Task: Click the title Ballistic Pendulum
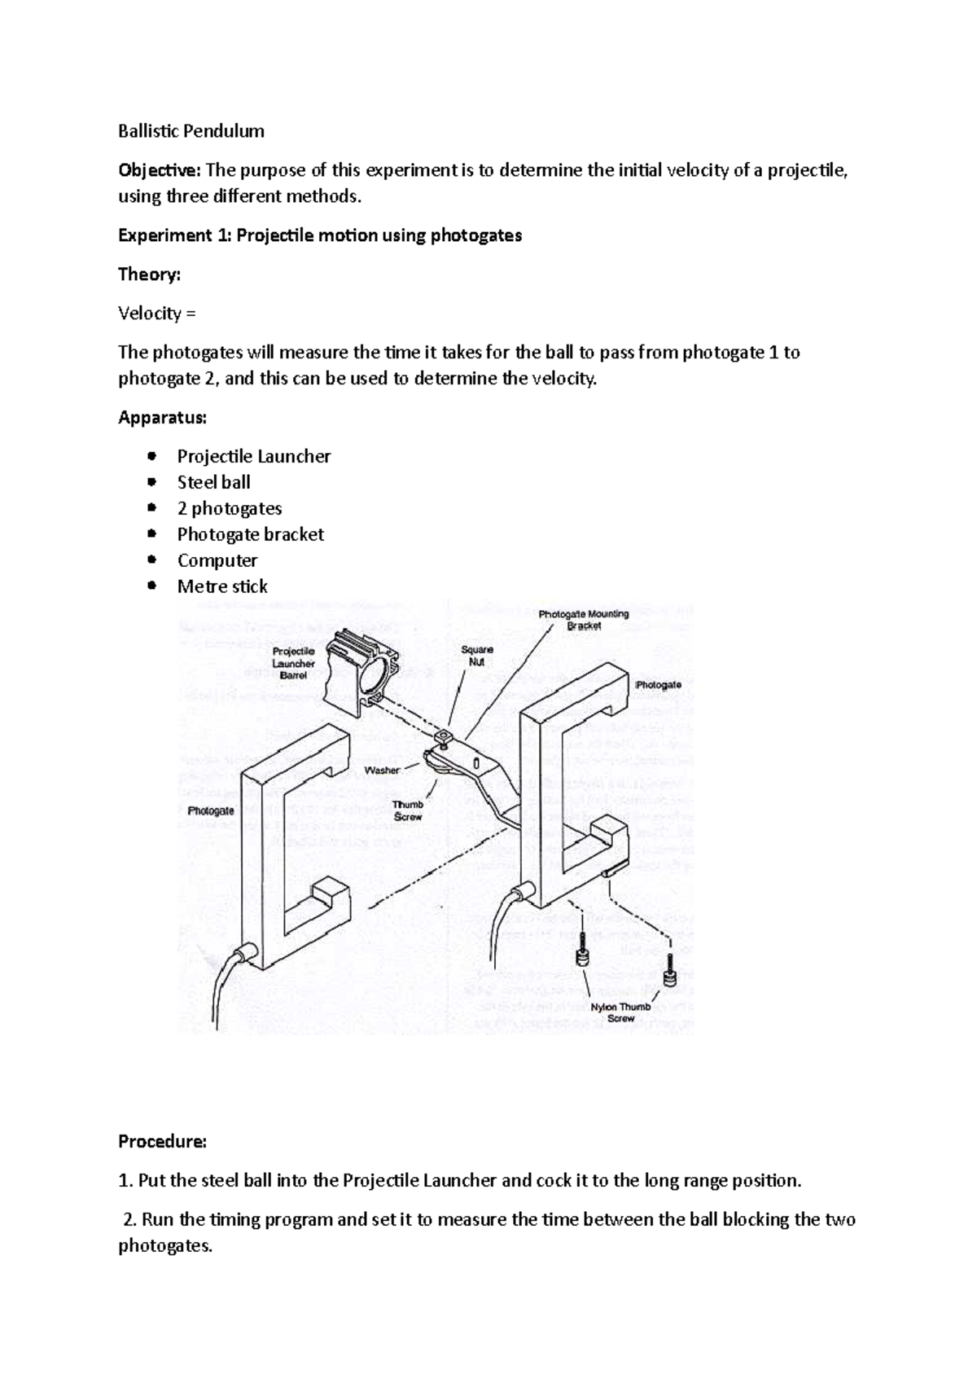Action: pyautogui.click(x=191, y=131)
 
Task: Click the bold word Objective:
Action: pyautogui.click(x=160, y=170)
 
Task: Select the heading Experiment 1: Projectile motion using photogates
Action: pyautogui.click(x=320, y=235)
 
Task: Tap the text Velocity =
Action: pyautogui.click(x=157, y=313)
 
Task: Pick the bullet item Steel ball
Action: pyautogui.click(x=213, y=482)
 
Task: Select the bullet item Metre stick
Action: pyautogui.click(x=222, y=586)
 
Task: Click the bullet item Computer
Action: pyautogui.click(x=217, y=560)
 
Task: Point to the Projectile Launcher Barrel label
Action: pyautogui.click(x=293, y=663)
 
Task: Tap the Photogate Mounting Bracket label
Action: pyautogui.click(x=584, y=620)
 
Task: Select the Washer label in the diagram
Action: pyautogui.click(x=382, y=770)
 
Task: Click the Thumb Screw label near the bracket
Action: pyautogui.click(x=408, y=810)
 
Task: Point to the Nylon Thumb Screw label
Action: pyautogui.click(x=620, y=1012)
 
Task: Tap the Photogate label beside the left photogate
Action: pyautogui.click(x=211, y=811)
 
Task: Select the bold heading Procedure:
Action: pyautogui.click(x=163, y=1141)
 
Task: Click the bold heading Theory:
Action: pyautogui.click(x=149, y=274)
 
